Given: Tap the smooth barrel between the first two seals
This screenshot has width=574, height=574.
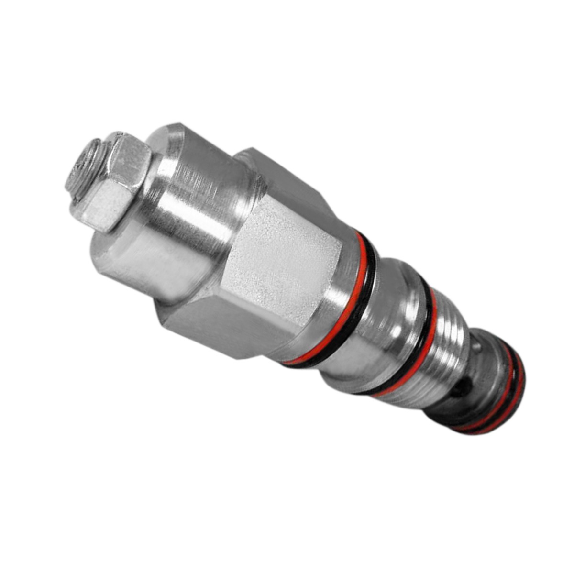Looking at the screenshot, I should click(x=392, y=325).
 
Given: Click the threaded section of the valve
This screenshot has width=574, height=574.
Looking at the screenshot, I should click(x=450, y=354).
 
